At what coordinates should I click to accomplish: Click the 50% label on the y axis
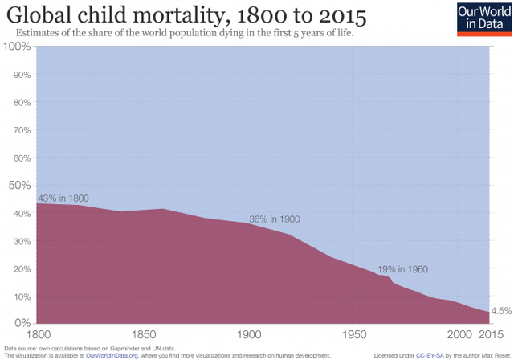click(x=19, y=186)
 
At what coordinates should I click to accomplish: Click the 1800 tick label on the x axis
click(x=39, y=334)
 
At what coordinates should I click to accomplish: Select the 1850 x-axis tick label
click(x=143, y=334)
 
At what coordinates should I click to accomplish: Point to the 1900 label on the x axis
click(x=247, y=334)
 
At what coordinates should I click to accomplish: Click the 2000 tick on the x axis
click(x=459, y=334)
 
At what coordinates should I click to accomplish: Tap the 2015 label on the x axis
click(x=492, y=334)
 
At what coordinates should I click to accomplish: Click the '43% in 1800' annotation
click(x=63, y=198)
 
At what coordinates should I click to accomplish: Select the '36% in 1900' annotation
click(x=275, y=219)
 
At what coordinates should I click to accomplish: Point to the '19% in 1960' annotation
click(x=402, y=270)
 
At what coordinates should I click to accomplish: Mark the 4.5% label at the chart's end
click(x=501, y=311)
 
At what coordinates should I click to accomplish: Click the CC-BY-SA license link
click(x=432, y=354)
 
